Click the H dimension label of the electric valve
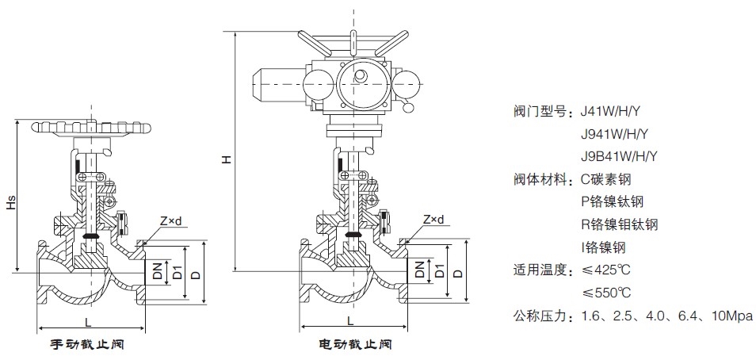click(226, 159)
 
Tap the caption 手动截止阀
click(88, 345)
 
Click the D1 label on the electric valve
click(439, 270)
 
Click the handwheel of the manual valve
click(91, 127)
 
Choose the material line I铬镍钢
click(603, 247)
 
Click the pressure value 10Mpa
click(731, 316)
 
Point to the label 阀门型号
click(541, 112)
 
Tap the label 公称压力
click(541, 316)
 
